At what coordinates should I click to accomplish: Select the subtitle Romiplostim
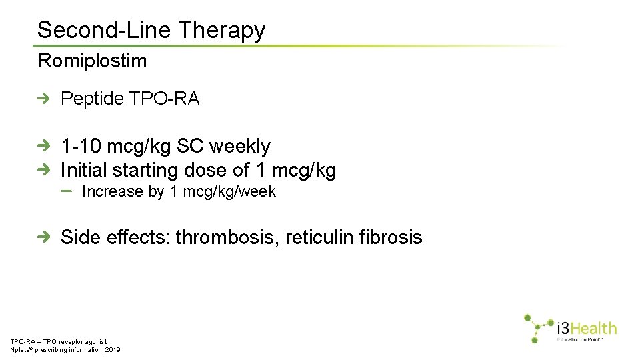coord(92,61)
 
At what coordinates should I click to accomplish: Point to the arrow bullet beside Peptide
coord(44,99)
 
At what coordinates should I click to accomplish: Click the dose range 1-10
coord(81,146)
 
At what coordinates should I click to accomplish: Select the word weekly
coord(240,146)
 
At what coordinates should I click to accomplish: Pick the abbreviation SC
coord(190,146)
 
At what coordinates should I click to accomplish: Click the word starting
coord(146,170)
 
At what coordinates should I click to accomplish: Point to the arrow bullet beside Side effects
coord(44,237)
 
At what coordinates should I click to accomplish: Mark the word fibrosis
coord(390,237)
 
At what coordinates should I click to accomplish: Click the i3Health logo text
coord(587,328)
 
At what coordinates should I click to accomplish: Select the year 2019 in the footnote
coord(113,349)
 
